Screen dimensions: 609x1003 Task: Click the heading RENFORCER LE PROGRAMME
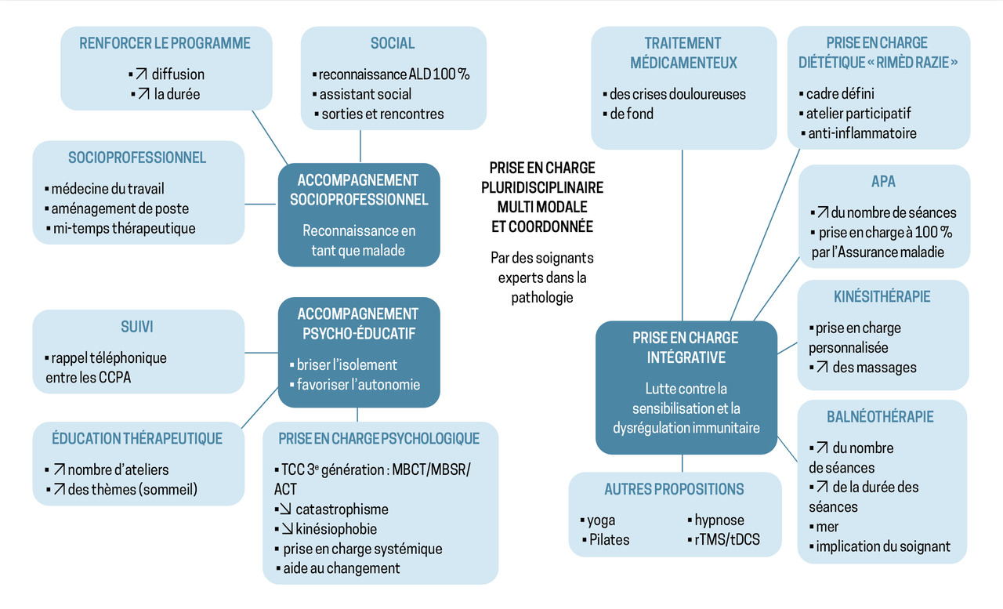165,43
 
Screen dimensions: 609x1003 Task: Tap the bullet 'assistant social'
365,94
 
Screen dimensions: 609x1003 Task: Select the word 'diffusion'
178,74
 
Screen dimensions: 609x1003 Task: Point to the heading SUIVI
137,326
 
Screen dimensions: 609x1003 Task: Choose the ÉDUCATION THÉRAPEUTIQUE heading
137,438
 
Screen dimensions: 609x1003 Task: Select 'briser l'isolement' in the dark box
346,364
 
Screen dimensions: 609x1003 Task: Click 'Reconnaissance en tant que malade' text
359,241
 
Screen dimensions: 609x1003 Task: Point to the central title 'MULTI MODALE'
542,207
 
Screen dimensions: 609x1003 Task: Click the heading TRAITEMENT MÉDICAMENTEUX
683,53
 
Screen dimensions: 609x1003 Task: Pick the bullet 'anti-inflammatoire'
861,133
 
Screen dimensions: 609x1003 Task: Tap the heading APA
883,181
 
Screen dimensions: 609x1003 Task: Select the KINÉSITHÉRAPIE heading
882,297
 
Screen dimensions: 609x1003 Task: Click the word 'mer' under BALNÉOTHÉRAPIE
827,527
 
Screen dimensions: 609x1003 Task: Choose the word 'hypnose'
719,520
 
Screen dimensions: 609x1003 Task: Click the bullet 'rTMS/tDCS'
726,539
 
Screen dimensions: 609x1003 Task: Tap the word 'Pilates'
609,539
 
